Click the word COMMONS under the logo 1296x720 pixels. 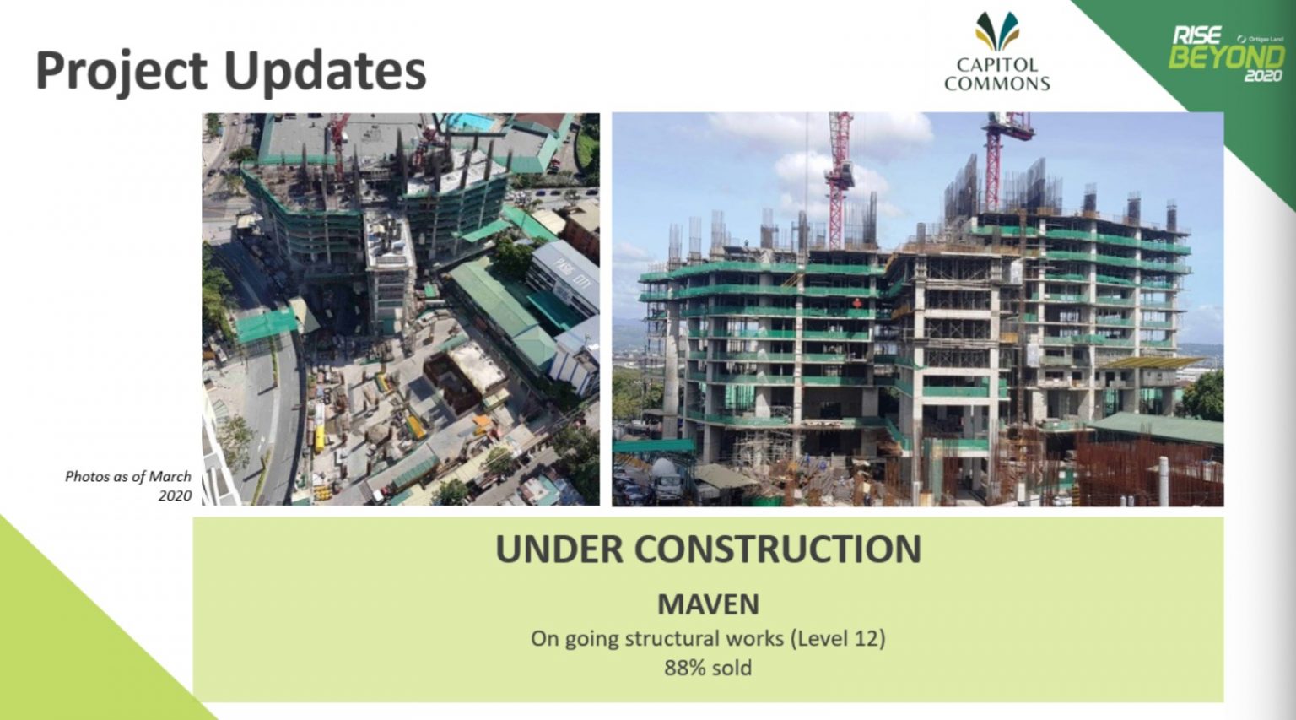click(996, 84)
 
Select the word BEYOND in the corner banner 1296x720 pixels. click(1225, 57)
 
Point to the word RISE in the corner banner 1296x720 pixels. click(1196, 35)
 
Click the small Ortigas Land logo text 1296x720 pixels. click(1263, 39)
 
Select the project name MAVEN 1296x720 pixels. click(708, 604)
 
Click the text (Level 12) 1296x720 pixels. click(837, 638)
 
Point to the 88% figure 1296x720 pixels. click(684, 668)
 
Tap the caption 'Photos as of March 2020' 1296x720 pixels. click(129, 485)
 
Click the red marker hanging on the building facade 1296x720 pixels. click(857, 303)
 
